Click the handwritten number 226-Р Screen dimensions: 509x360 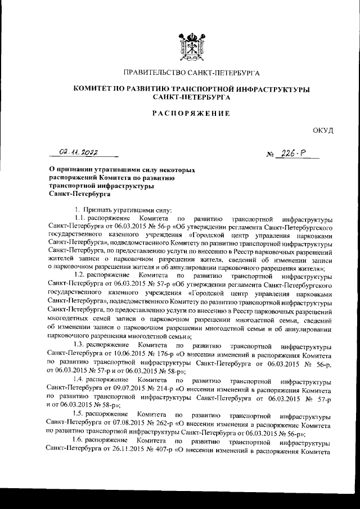(293, 154)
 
